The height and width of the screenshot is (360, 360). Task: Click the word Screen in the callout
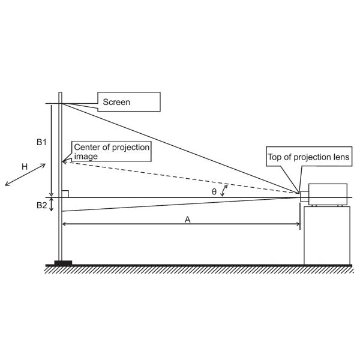(x=116, y=102)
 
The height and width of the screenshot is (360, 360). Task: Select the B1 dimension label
(x=41, y=142)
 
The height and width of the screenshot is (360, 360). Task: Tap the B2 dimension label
(x=41, y=205)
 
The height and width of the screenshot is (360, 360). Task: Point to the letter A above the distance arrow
(x=188, y=220)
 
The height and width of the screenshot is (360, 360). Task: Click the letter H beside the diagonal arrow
(x=25, y=167)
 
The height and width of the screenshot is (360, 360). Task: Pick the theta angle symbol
(x=214, y=192)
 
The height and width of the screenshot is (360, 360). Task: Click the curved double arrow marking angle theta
(x=224, y=191)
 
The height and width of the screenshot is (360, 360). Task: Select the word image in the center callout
(x=86, y=157)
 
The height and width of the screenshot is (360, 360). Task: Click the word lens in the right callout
(x=341, y=157)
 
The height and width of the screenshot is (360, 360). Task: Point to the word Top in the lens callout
(x=274, y=157)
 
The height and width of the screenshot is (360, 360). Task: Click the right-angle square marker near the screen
(x=65, y=194)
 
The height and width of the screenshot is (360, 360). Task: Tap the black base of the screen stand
(x=63, y=263)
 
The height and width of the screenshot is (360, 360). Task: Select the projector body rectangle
(x=328, y=194)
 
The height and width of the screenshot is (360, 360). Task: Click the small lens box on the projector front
(x=304, y=197)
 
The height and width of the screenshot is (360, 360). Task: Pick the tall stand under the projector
(x=327, y=236)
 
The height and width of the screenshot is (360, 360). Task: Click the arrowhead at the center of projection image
(x=65, y=161)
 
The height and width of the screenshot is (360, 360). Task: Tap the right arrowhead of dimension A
(x=298, y=224)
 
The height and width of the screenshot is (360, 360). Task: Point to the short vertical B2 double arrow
(x=52, y=205)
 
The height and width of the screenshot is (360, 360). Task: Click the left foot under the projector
(x=314, y=206)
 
